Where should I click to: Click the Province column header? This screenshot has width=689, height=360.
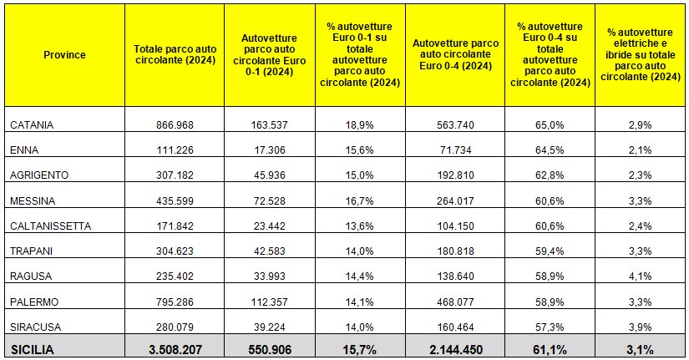(64, 54)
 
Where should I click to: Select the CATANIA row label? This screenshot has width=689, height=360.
(33, 124)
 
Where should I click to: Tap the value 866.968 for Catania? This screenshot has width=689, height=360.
(175, 124)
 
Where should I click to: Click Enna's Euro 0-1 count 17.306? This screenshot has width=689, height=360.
(269, 150)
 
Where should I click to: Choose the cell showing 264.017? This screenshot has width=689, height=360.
(455, 200)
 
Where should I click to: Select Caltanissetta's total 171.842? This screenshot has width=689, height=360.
(175, 225)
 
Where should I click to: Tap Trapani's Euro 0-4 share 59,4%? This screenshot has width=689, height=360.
(550, 250)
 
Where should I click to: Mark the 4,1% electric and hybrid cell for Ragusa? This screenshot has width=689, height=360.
(642, 275)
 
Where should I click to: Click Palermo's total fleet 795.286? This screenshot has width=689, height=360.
(175, 300)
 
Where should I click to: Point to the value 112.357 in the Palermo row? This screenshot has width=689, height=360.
(269, 300)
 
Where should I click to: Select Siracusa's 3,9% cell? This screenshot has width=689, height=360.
(642, 325)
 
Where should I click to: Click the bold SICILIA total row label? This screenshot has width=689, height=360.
(32, 350)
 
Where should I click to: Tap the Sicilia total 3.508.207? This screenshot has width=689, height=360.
(175, 350)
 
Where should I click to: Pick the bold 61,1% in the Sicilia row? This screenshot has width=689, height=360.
(550, 350)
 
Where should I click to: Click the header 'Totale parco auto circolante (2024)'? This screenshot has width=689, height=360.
(175, 54)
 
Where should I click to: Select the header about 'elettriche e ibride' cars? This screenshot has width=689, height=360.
(642, 54)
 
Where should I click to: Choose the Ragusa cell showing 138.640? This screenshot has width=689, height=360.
(455, 275)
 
